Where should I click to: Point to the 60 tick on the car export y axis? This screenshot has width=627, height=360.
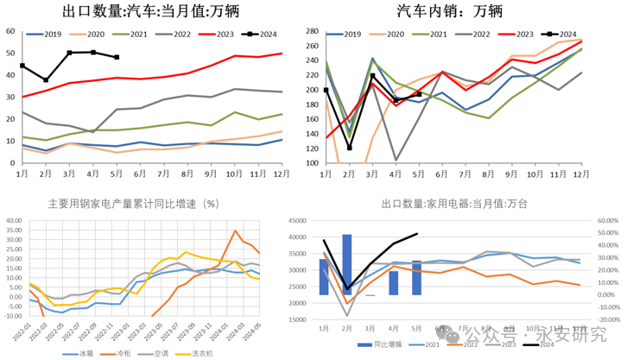[x=9, y=31]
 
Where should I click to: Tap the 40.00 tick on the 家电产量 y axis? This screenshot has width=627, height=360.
[x=15, y=220]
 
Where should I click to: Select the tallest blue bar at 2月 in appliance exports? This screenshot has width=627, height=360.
[x=347, y=264]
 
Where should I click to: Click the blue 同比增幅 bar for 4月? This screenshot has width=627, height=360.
[x=394, y=283]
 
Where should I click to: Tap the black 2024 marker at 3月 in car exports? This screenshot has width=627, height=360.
[x=70, y=53]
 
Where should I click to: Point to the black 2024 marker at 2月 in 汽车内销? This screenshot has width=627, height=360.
[x=350, y=148]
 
